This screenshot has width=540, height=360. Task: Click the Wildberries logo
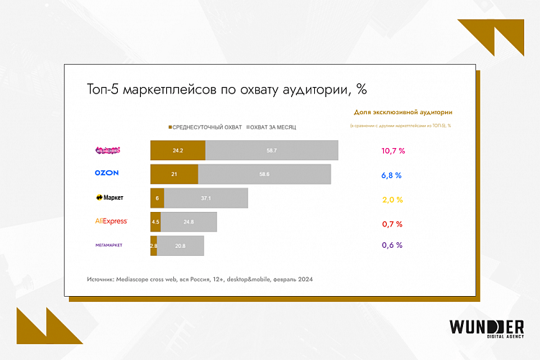tap(108, 151)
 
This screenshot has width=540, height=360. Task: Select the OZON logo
tap(106, 173)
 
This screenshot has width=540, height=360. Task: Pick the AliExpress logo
tap(111, 221)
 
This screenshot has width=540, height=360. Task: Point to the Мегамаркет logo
tap(109, 245)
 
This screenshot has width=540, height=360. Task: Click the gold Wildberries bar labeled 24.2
tap(178, 151)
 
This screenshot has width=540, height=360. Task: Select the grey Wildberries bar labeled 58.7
tap(272, 151)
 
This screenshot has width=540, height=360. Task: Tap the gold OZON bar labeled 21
tap(174, 174)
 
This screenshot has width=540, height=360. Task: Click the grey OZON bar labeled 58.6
tap(265, 174)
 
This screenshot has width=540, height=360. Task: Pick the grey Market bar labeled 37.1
tap(206, 198)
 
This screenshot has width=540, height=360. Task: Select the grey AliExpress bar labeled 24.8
tap(188, 221)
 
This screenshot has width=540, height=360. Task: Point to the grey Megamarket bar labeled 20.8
tap(180, 245)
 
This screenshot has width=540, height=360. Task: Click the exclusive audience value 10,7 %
tap(393, 151)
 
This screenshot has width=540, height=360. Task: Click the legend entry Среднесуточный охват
tap(206, 126)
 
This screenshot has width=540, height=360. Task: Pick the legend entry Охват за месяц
tap(272, 126)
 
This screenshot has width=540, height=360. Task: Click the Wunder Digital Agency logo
tap(485, 328)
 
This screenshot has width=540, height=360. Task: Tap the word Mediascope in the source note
tap(135, 279)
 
